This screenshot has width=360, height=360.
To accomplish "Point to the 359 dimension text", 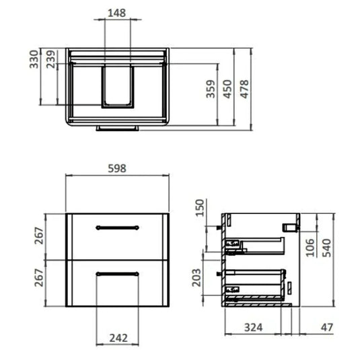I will click(210, 90).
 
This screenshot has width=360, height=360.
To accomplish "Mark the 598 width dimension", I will click(118, 169).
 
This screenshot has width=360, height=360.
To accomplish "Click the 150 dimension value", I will click(199, 210).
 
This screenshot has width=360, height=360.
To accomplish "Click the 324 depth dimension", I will click(253, 328).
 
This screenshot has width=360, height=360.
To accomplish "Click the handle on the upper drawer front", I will click(118, 227).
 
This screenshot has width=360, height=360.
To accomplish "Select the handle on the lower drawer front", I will click(118, 273).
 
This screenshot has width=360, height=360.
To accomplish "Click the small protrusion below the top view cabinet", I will click(119, 127).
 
